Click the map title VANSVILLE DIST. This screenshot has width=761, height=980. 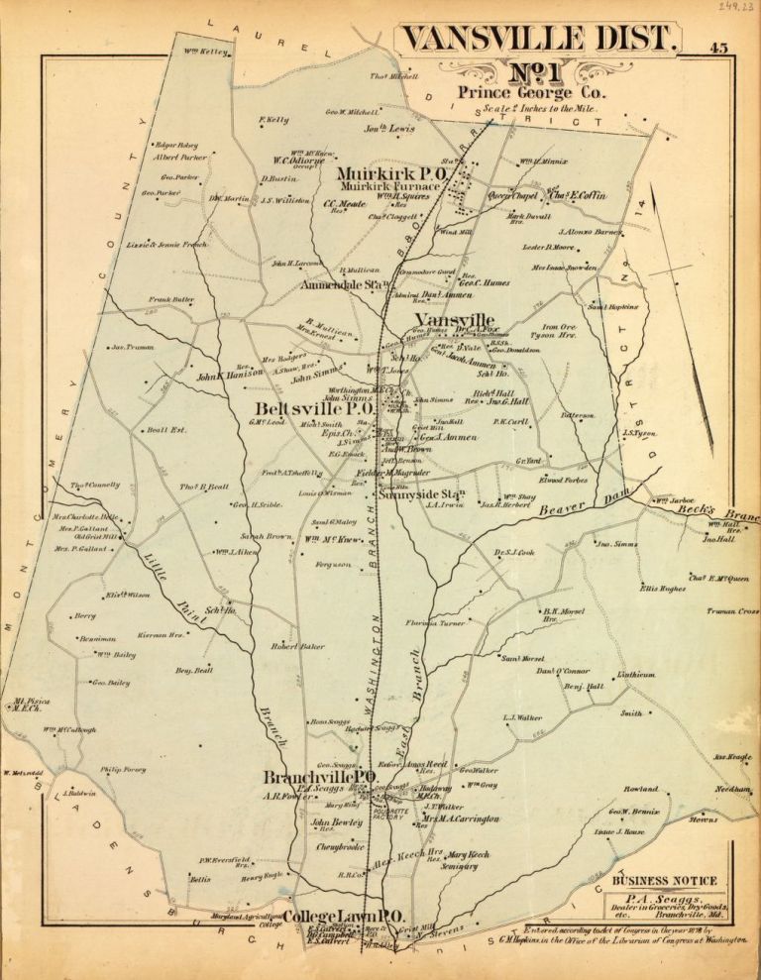point(540,40)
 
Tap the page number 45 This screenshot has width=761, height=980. point(720,47)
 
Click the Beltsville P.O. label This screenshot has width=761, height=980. point(312,408)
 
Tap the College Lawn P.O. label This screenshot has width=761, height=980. point(342,917)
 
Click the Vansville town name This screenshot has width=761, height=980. point(454,319)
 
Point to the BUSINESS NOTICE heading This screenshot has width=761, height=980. point(664,880)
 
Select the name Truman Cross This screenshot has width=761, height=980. point(732,611)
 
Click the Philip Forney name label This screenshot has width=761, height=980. point(123,768)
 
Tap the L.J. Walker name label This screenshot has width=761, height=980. point(522,715)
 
